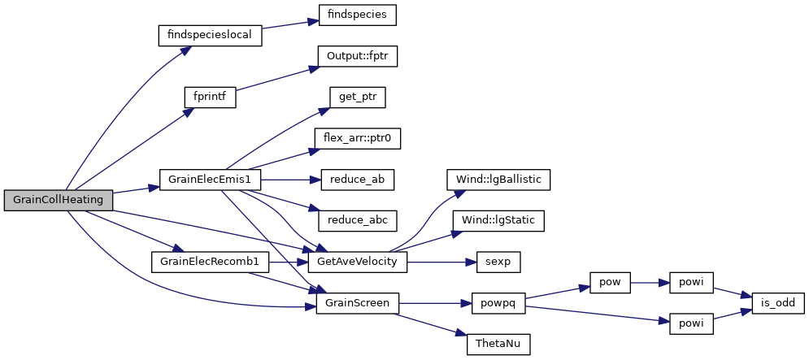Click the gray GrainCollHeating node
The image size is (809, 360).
57,201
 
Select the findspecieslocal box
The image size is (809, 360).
210,36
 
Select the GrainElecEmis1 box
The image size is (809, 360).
210,180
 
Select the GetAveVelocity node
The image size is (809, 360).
357,262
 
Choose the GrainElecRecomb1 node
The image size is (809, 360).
210,262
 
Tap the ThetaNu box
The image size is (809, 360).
498,345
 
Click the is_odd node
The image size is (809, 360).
778,303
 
